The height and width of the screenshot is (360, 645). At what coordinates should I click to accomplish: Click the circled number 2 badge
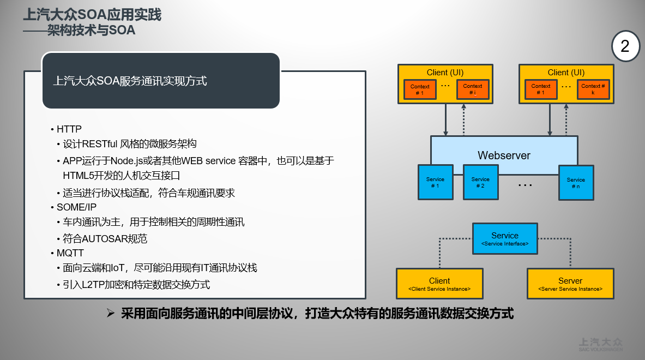coord(625,46)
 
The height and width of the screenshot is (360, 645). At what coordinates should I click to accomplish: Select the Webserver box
coord(504,155)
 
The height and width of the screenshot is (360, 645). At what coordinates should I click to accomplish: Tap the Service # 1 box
coord(435,182)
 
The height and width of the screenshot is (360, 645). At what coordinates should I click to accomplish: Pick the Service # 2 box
coord(480,182)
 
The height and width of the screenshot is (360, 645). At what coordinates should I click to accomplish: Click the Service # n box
coord(576,183)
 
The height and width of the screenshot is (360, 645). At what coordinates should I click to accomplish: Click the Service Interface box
coord(504,239)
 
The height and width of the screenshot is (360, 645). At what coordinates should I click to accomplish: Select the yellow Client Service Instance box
coord(439,284)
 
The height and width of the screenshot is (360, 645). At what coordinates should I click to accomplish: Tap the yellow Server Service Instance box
coord(570,284)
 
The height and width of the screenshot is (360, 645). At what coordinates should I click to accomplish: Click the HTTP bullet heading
coord(69,129)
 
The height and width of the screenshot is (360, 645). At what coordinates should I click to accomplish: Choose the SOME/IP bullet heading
coord(76,207)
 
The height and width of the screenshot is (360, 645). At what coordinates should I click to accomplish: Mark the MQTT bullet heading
coord(70,253)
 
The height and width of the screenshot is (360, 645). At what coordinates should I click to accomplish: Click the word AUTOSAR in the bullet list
coord(104,239)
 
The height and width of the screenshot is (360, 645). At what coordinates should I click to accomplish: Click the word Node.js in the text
coord(127,161)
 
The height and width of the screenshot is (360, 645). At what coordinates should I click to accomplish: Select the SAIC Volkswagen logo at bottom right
coord(600,344)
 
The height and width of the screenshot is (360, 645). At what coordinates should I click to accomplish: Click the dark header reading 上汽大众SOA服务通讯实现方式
coord(161,81)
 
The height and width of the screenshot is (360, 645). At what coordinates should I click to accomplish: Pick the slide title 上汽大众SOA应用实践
coord(92,14)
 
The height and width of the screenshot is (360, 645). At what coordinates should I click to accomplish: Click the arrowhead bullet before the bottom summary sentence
coord(110,314)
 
